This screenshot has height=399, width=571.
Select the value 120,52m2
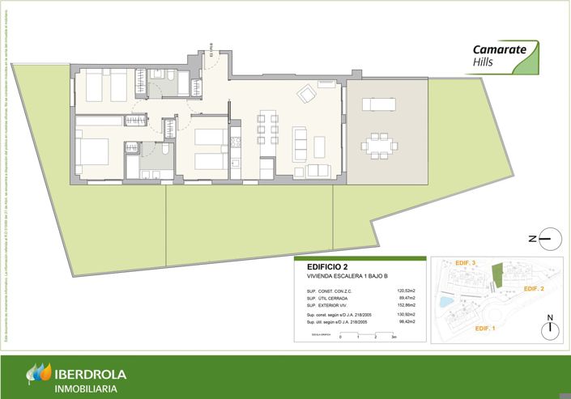click(x=406, y=291)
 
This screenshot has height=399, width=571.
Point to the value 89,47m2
click(x=407, y=298)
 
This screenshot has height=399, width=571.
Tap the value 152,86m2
click(x=406, y=305)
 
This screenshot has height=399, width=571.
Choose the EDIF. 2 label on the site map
click(x=532, y=289)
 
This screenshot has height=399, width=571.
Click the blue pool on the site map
click(x=445, y=302)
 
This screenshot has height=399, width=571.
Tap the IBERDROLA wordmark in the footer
click(x=92, y=375)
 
